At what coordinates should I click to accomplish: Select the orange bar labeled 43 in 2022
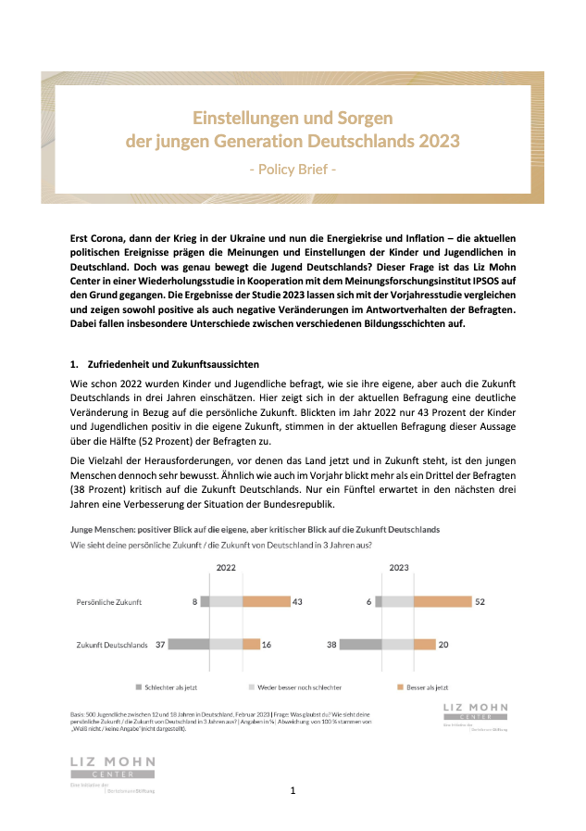[x=266, y=602]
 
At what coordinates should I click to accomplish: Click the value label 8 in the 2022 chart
[x=195, y=602]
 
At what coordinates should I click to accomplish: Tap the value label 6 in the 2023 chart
[x=368, y=602]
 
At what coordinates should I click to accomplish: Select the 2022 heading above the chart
[x=226, y=567]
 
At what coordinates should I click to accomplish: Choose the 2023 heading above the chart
[x=399, y=567]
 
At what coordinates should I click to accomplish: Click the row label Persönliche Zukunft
[x=108, y=603]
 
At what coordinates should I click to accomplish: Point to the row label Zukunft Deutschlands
[x=112, y=645]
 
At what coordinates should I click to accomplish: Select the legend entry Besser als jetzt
[x=424, y=688]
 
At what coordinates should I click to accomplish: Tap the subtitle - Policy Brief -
[x=293, y=170]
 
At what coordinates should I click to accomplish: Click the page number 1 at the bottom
[x=293, y=790]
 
